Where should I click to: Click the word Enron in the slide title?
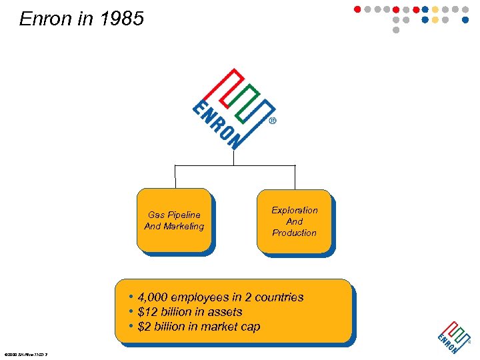point(46,19)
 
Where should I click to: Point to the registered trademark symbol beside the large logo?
point(273,122)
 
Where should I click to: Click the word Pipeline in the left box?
point(183,215)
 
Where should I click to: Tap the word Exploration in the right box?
point(295,210)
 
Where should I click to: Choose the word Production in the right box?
point(295,233)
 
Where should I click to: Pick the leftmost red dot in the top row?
point(357,9)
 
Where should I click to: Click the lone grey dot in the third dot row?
point(396,30)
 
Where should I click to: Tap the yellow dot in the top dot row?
point(435,9)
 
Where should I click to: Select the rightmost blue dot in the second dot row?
point(465,20)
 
